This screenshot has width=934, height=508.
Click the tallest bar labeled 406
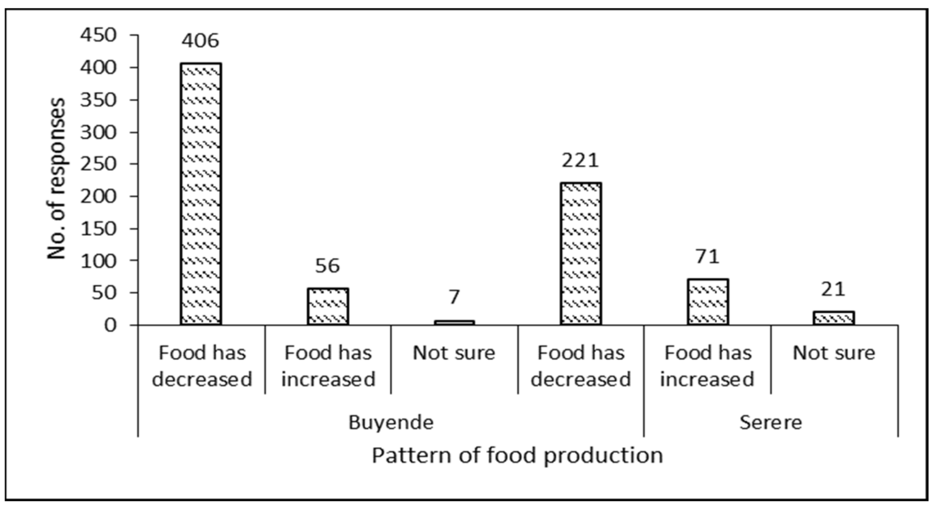201,194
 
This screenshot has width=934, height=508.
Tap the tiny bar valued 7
454,322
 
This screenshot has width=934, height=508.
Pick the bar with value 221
581,254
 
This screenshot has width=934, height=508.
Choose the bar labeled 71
708,302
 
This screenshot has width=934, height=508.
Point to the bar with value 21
834,318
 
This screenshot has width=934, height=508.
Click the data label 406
200,41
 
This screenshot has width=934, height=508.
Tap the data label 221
580,161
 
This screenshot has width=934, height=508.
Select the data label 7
454,297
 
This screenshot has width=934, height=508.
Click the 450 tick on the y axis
99,36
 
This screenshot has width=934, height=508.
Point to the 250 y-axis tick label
99,164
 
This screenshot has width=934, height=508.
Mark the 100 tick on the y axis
99,261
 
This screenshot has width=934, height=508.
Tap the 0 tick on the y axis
111,325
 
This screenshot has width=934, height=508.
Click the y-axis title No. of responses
57,179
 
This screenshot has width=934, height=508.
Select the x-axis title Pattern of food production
518,455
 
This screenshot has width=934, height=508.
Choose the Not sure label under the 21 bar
834,353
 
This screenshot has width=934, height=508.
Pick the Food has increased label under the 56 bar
328,366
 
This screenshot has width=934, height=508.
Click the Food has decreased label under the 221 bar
581,366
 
